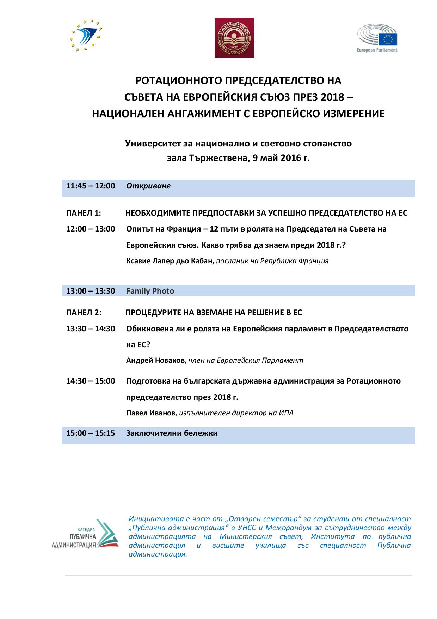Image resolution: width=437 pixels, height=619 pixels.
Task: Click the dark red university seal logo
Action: pyautogui.click(x=234, y=38)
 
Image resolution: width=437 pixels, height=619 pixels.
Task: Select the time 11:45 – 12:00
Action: pyautogui.click(x=91, y=186)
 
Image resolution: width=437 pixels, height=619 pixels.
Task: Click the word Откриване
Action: pyautogui.click(x=148, y=186)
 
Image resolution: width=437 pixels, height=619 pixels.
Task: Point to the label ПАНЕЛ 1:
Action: pyautogui.click(x=84, y=213)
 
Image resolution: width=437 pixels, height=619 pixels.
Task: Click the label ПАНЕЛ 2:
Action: pyautogui.click(x=84, y=313)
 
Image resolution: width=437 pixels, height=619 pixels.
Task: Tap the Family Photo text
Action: pyautogui.click(x=150, y=291)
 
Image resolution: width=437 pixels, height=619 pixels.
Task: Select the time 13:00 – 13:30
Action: pyautogui.click(x=91, y=291)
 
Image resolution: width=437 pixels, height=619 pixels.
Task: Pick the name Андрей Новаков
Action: pyautogui.click(x=156, y=361)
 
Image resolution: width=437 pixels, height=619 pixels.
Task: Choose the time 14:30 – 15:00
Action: pyautogui.click(x=91, y=381)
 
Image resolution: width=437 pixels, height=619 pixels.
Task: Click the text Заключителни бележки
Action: pyautogui.click(x=172, y=433)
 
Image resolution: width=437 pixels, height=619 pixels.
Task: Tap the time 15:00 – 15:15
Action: pyautogui.click(x=91, y=433)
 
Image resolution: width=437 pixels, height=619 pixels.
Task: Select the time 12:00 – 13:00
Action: pyautogui.click(x=91, y=229)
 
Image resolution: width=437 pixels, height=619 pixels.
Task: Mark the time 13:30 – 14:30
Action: pyautogui.click(x=91, y=329)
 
